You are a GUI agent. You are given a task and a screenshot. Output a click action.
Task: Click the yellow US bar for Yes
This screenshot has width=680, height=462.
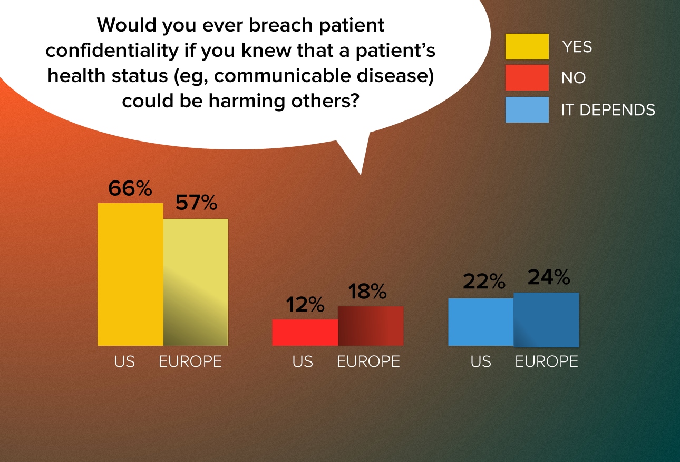[x=130, y=274]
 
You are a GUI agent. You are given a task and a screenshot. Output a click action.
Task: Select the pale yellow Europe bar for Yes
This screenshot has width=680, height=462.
[x=196, y=282]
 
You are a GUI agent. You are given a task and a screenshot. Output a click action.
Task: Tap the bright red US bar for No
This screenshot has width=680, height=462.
[x=305, y=333]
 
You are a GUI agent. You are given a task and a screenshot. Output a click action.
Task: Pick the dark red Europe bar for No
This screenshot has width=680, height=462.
[x=371, y=326]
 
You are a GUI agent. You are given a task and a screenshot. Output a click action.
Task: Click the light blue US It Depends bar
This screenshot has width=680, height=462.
[x=481, y=322]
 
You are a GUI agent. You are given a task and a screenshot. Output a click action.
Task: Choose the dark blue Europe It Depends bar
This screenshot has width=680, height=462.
[x=547, y=319]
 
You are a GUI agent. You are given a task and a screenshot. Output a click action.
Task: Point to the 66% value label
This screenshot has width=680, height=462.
[x=130, y=188]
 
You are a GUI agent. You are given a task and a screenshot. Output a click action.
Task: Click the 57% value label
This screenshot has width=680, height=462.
[x=196, y=203]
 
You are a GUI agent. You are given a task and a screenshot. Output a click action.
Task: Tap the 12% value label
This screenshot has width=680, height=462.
[x=305, y=304]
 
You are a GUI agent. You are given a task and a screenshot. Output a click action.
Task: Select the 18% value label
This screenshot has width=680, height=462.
[x=367, y=291]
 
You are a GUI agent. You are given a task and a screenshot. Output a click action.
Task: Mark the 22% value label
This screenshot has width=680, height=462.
[x=484, y=281]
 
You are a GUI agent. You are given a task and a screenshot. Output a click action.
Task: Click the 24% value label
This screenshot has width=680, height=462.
[x=549, y=277]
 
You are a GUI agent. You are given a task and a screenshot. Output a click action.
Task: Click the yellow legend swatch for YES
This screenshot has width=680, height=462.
[x=527, y=46]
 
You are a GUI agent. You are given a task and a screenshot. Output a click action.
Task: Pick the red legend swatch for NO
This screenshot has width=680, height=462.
[x=527, y=77]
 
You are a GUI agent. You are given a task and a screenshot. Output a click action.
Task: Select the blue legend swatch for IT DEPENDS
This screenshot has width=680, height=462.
[x=527, y=109]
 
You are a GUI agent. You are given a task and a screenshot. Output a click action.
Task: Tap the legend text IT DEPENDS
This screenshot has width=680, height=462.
[x=608, y=109]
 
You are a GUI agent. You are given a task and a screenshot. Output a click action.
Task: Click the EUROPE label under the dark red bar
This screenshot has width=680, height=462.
[x=368, y=361]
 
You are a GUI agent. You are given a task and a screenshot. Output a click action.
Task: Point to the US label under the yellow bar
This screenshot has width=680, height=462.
[x=124, y=361]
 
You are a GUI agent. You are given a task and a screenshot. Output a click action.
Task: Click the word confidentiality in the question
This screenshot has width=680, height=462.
[x=112, y=51]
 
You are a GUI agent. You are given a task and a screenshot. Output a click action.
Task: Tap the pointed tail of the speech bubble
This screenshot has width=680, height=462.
[x=361, y=175]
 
